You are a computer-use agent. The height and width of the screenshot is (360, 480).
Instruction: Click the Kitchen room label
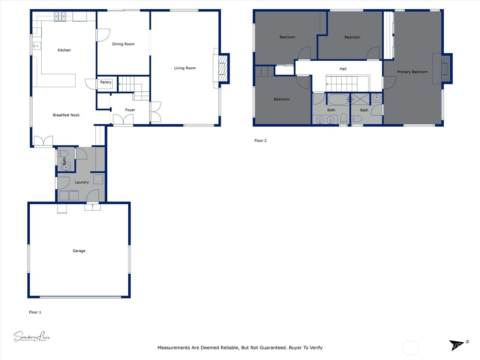point(64,50)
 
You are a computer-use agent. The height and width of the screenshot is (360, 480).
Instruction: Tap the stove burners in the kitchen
point(60,16)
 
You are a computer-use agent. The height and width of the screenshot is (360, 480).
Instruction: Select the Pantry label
point(106,82)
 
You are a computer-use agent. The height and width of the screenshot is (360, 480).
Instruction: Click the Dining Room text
point(123,44)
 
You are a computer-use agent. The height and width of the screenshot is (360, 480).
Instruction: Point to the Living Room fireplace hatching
point(222,69)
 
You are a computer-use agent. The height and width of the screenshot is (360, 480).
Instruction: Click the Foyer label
point(130,110)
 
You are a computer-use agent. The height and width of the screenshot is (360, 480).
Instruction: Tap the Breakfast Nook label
point(66,115)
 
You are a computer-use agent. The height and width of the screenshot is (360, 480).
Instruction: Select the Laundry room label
point(82,182)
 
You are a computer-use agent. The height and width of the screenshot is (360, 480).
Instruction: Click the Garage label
point(79,251)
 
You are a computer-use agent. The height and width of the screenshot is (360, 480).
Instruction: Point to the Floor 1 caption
point(35,312)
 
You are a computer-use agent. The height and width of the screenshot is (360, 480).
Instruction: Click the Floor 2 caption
point(260,141)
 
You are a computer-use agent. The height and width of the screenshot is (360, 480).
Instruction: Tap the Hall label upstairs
point(343,69)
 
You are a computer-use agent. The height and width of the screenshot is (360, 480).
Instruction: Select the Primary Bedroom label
point(412,72)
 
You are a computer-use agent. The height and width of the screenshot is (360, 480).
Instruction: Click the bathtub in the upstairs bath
point(338,99)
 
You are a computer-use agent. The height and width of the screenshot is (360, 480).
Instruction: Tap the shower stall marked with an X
point(360,99)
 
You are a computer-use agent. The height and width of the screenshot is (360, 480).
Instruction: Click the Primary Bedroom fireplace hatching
point(446,69)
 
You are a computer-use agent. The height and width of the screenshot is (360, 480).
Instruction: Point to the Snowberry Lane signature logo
point(31,337)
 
